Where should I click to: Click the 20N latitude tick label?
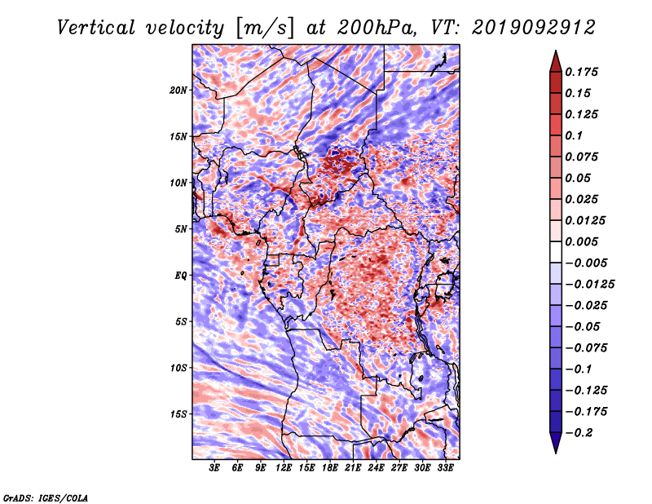[x=178, y=91]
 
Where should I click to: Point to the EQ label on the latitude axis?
[x=180, y=276]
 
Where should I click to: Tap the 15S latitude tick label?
[x=178, y=414]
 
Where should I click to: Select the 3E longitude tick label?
[x=214, y=467]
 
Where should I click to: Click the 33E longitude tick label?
[x=445, y=467]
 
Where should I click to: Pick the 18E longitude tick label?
[x=330, y=467]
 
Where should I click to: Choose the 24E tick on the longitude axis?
[x=376, y=467]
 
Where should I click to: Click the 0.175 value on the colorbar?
[x=581, y=72]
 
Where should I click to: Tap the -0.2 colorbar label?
[x=579, y=433]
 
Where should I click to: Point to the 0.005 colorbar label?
[x=581, y=241]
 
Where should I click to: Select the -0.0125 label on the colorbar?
[x=589, y=285]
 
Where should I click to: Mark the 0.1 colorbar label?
[x=574, y=135]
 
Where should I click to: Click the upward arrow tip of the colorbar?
[x=556, y=51]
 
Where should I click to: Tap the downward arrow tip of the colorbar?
[x=556, y=453]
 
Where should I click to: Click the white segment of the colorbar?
[x=556, y=252]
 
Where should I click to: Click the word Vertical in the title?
[x=96, y=28]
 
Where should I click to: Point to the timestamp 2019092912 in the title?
[x=534, y=28]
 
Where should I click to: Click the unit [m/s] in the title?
[x=265, y=29]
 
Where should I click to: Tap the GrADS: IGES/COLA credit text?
[x=46, y=497]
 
